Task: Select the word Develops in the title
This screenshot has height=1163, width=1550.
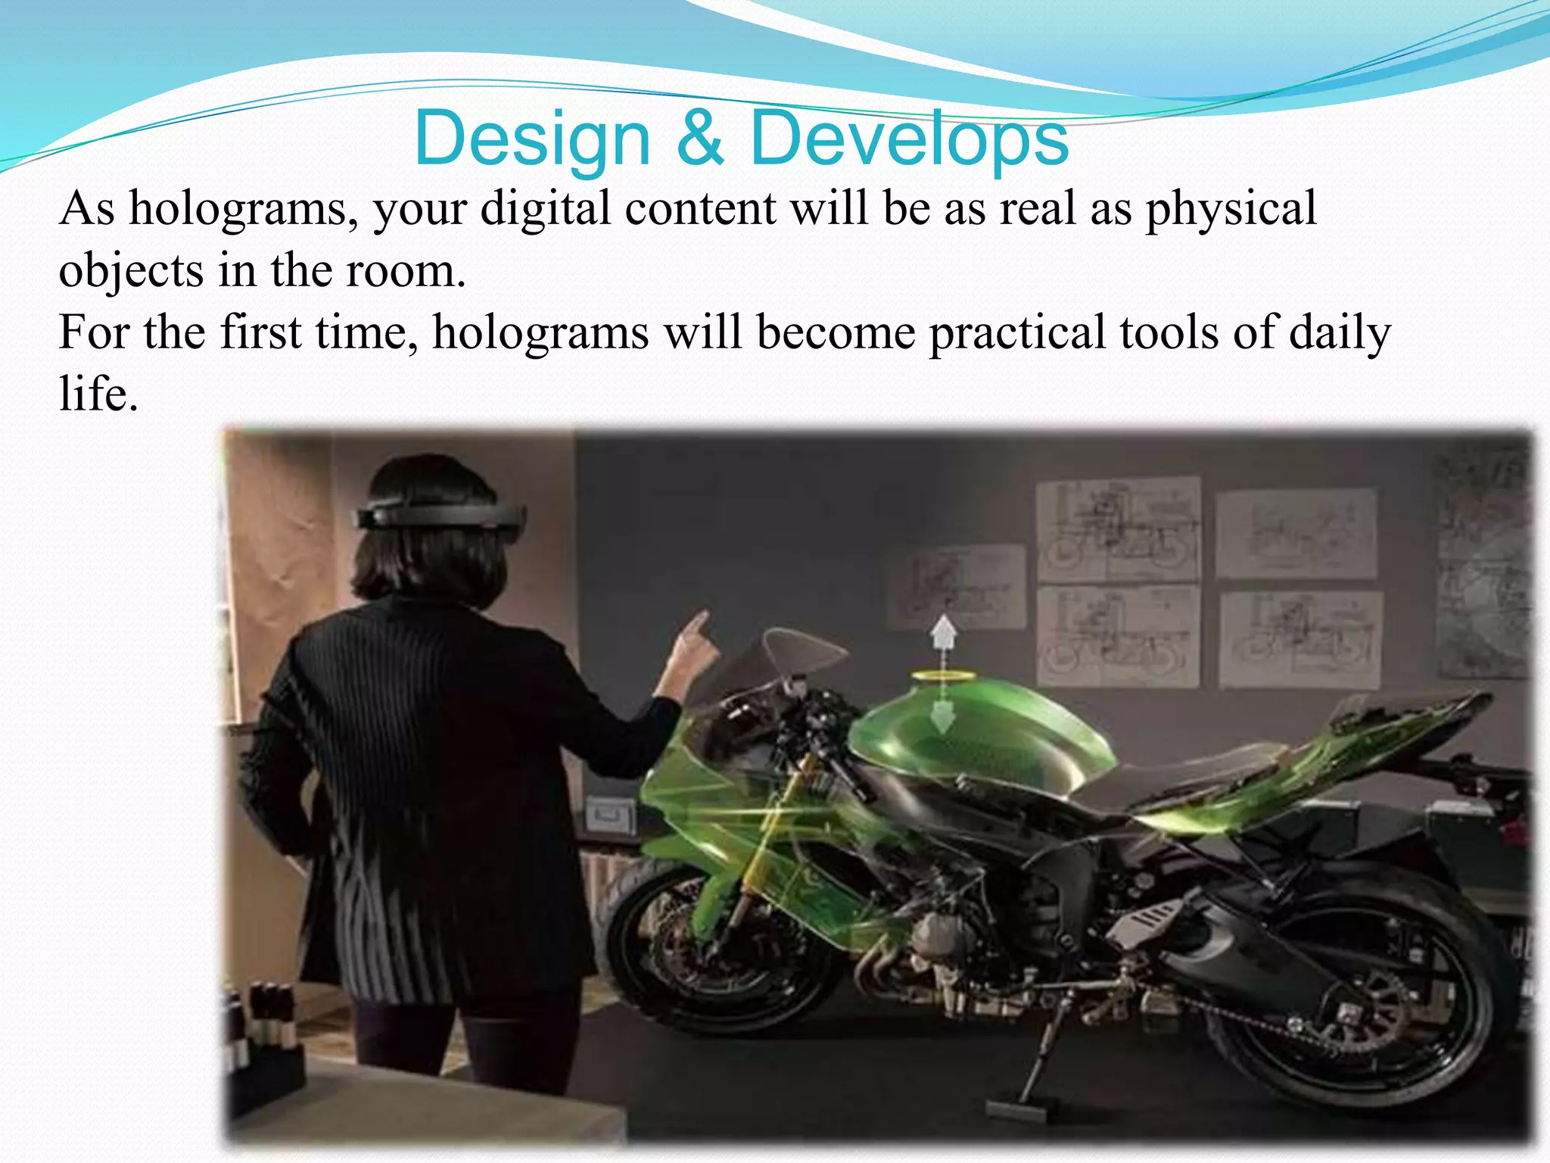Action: (x=909, y=139)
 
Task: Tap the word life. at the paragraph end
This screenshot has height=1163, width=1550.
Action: (x=98, y=394)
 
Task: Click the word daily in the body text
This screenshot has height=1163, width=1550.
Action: (x=1340, y=333)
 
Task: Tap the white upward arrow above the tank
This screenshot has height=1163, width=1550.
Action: (x=943, y=631)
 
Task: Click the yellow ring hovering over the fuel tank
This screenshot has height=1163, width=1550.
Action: (x=943, y=675)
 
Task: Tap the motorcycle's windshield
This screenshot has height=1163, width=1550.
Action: (x=802, y=651)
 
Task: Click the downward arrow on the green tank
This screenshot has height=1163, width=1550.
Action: (x=942, y=716)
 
